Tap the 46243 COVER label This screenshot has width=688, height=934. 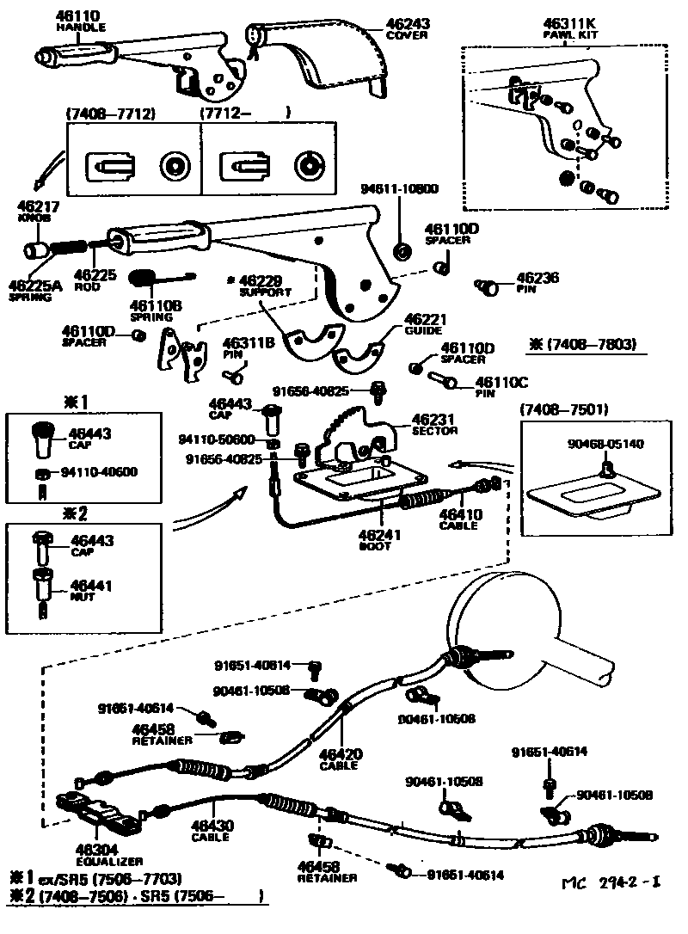pos(408,28)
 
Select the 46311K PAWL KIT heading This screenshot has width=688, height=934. pos(570,30)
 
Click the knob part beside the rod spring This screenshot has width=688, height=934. pos(37,251)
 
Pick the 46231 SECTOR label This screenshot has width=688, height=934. pos(434,424)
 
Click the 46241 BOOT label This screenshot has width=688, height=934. pos(380,538)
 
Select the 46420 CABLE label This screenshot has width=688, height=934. pos(340,759)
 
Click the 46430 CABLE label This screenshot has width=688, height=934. pos(211,830)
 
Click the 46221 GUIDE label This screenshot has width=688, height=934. pos(423,323)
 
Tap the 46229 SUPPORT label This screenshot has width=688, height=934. pos(267,286)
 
